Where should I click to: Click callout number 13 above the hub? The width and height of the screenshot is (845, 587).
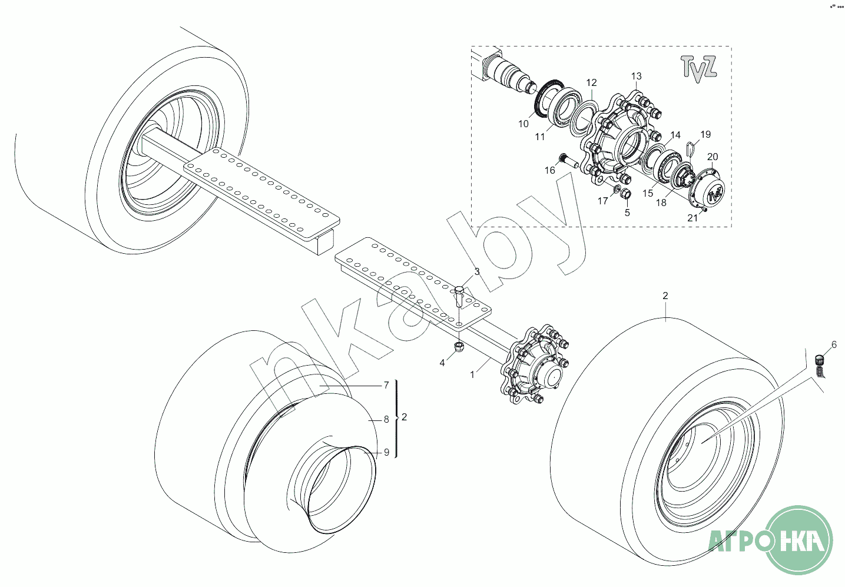(x=636, y=76)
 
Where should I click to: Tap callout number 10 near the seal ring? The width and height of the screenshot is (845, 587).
(x=523, y=124)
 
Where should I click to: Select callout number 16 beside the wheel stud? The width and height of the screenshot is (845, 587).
(x=549, y=171)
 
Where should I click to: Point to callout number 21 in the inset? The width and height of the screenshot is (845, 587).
(x=692, y=218)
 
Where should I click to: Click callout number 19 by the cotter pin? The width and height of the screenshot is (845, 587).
(x=705, y=134)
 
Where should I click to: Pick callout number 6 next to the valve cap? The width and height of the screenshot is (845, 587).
(x=834, y=344)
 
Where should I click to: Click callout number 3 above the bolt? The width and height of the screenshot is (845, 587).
(x=477, y=271)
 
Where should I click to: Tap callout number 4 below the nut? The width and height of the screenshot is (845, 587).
(x=442, y=363)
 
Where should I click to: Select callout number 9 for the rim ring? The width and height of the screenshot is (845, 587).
(x=386, y=452)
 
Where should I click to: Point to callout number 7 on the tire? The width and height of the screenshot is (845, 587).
(x=386, y=385)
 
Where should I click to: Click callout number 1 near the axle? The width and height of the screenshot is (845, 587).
(x=472, y=375)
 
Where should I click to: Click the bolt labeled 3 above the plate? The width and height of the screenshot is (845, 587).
(x=459, y=296)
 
